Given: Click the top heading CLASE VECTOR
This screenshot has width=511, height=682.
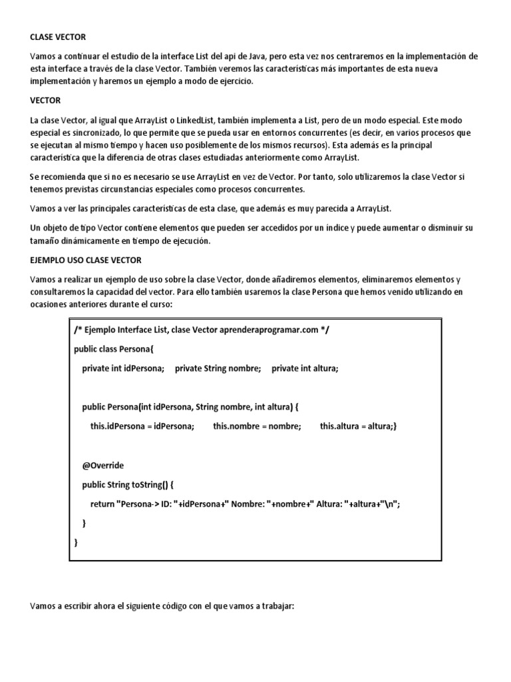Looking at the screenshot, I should pos(58,37).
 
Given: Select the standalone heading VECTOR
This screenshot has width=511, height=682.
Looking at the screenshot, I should pos(45,100).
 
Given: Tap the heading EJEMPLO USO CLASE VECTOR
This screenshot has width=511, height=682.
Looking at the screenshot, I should pos(85,260).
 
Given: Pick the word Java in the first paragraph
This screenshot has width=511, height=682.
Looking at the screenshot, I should pos(261,57).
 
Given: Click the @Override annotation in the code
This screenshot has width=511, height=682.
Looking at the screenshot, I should pos(103,465).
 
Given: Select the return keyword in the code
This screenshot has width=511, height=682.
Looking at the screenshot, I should pos(102,504).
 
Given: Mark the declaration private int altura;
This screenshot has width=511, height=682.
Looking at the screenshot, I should pos(305,368).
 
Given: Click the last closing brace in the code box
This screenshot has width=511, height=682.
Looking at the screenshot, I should pos(76,542).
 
